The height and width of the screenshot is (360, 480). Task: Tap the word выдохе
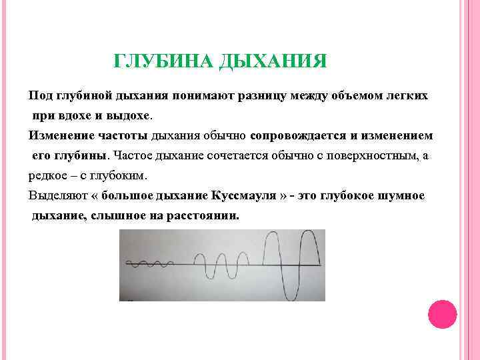pyautogui.click(x=129, y=115)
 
